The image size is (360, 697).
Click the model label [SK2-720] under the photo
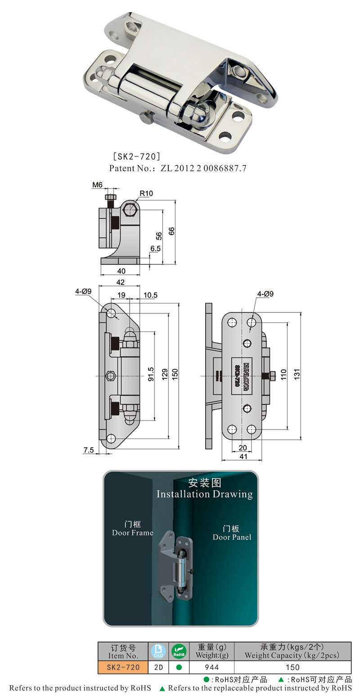point(136,157)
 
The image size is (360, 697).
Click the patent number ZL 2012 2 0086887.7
point(178,168)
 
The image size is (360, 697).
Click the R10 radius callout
point(146,194)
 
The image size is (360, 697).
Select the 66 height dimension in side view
point(171,231)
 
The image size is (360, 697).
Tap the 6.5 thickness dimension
point(156,249)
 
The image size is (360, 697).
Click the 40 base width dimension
point(121,271)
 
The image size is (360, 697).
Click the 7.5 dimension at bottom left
point(89,450)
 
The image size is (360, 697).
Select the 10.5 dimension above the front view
point(150,295)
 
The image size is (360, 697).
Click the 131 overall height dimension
point(297,374)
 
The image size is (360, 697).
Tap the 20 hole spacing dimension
point(243,448)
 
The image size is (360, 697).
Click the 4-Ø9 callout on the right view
point(265,294)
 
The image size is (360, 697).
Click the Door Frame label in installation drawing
point(132,529)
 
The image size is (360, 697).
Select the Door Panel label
point(232,533)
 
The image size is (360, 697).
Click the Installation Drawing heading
point(205,494)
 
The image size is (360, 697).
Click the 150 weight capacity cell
point(292,667)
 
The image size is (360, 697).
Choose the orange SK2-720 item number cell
point(123,667)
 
